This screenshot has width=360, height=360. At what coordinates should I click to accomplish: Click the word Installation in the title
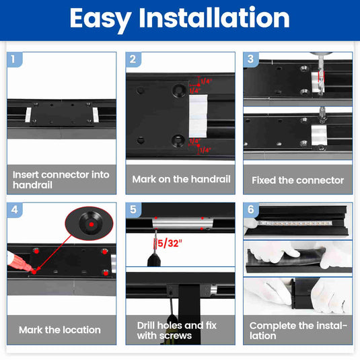pyautogui.click(x=214, y=17)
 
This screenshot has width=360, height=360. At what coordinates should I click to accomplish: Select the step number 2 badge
pyautogui.click(x=133, y=59)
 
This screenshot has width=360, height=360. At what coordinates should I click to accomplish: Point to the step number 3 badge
pyautogui.click(x=250, y=59)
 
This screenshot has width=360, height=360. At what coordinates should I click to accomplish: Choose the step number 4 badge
pyautogui.click(x=14, y=210)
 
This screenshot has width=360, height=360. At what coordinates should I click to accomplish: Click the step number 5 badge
pyautogui.click(x=133, y=210)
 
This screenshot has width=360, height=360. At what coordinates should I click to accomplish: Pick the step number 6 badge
pyautogui.click(x=251, y=209)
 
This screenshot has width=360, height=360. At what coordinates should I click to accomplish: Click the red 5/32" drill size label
pyautogui.click(x=170, y=244)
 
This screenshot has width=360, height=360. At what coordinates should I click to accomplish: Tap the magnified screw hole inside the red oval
pyautogui.click(x=90, y=223)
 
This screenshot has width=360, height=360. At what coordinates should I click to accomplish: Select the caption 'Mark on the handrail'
pyautogui.click(x=181, y=179)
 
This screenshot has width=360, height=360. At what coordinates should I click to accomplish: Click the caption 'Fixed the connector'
pyautogui.click(x=298, y=180)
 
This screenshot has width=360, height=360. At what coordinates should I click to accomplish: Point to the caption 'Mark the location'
pyautogui.click(x=60, y=330)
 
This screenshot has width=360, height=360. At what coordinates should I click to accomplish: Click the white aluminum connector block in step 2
pyautogui.click(x=198, y=116)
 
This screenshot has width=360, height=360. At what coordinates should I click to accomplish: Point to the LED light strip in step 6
pyautogui.click(x=295, y=223)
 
